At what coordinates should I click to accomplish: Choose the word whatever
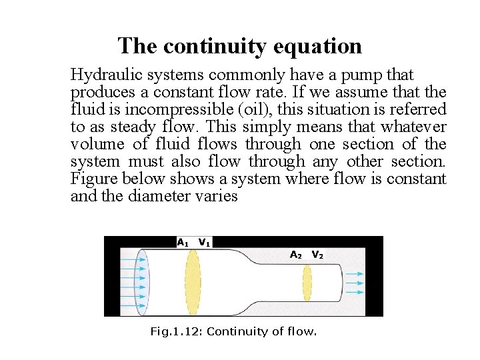412,127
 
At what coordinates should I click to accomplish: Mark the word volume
96,144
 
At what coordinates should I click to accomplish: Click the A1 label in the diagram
182,243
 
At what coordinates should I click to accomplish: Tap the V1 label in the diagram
205,243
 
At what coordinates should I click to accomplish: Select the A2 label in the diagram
296,255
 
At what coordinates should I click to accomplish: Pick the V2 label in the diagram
318,255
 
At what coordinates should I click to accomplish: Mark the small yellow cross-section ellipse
307,283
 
